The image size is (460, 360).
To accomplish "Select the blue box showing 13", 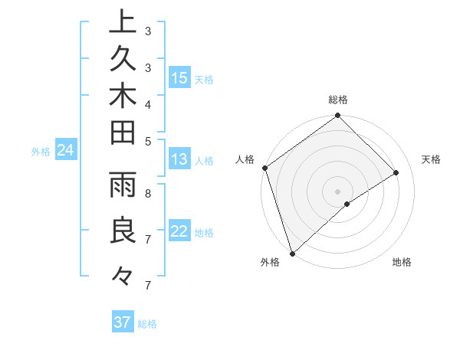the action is [x=179, y=160].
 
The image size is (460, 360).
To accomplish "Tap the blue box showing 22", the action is [x=179, y=232].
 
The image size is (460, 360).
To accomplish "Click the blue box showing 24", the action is [x=65, y=151].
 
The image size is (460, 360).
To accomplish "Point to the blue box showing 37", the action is [x=123, y=322].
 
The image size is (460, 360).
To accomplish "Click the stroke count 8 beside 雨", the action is [x=147, y=194].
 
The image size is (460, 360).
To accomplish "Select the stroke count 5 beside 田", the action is [x=147, y=140].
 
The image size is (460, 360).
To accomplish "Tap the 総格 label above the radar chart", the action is [x=337, y=100].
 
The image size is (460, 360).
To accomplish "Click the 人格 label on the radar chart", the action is [x=245, y=159].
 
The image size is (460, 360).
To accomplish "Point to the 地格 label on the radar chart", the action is [x=402, y=262].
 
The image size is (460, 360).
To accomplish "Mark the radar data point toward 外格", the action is [x=292, y=253].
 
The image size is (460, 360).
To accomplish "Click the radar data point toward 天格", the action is [x=396, y=172].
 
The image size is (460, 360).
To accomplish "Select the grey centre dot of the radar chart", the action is [x=337, y=191].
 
